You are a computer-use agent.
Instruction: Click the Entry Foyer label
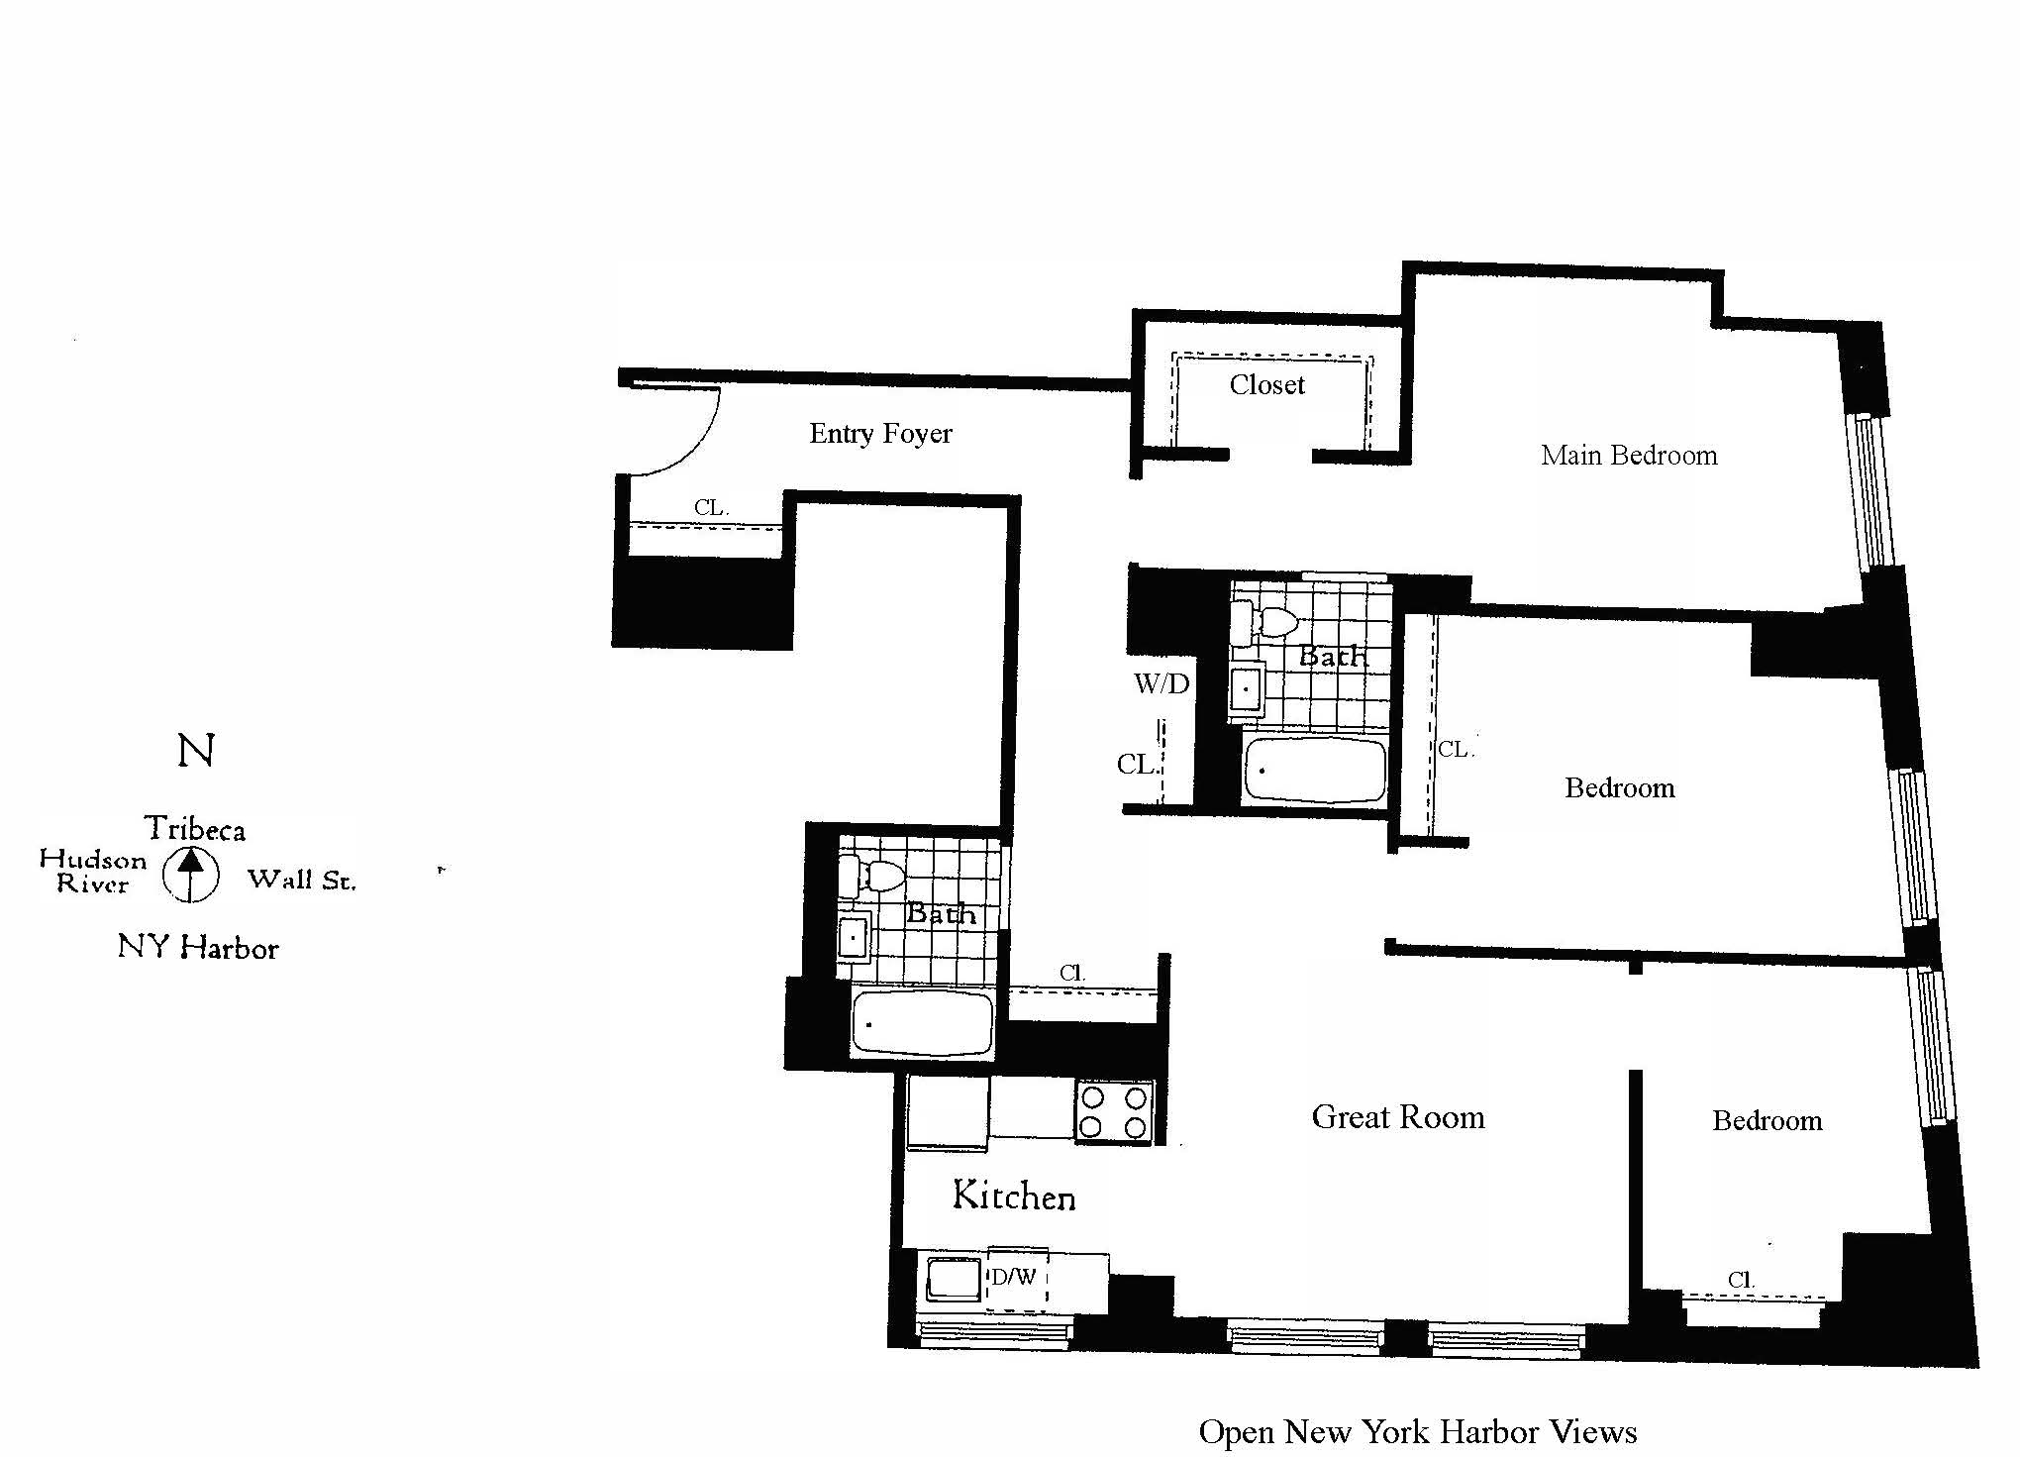click(880, 434)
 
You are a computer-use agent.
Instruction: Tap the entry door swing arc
click(693, 446)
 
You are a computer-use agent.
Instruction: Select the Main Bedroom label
click(1628, 456)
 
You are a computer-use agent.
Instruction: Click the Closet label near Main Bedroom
click(1266, 385)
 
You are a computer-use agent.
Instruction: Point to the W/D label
click(1161, 683)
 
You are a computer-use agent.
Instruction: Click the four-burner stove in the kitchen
click(1114, 1111)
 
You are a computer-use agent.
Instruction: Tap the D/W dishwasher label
click(1014, 1277)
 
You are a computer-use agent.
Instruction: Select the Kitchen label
click(1013, 1196)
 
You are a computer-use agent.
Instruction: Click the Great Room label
click(1397, 1117)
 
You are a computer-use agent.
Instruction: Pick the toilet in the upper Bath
click(1270, 622)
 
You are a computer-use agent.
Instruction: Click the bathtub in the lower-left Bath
click(922, 1024)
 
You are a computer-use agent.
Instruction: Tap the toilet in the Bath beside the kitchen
click(877, 877)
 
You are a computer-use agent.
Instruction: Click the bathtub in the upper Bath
click(1315, 769)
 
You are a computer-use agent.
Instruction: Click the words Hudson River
click(92, 872)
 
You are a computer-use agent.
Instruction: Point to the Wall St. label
click(301, 880)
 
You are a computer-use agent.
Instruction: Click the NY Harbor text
click(198, 948)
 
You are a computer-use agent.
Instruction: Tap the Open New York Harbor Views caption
click(1417, 1431)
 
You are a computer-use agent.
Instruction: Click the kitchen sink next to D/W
click(953, 1279)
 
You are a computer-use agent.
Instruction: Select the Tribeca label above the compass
click(195, 828)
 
